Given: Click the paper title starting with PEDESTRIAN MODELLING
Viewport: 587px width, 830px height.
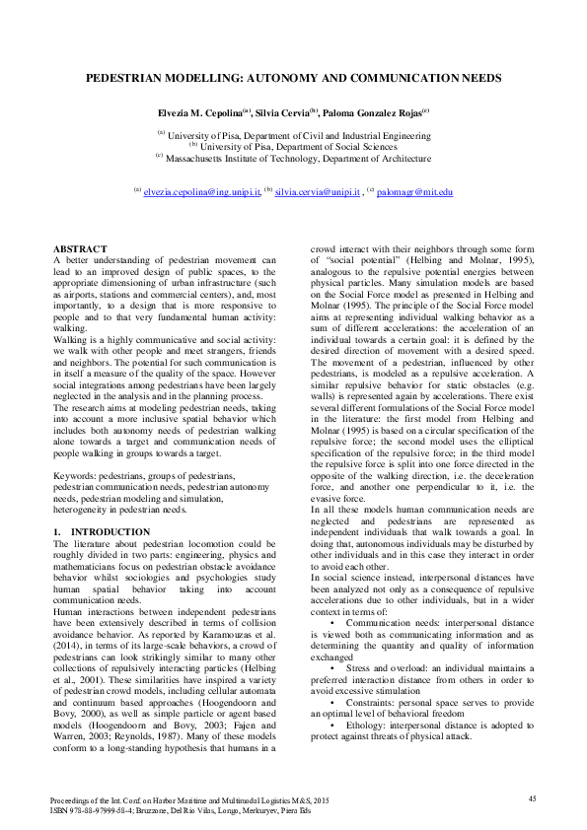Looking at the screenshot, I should coord(293,76).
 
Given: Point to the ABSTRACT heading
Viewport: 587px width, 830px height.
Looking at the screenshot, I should coord(79,249).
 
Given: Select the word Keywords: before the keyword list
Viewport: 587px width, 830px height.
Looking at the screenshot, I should coord(75,476).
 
